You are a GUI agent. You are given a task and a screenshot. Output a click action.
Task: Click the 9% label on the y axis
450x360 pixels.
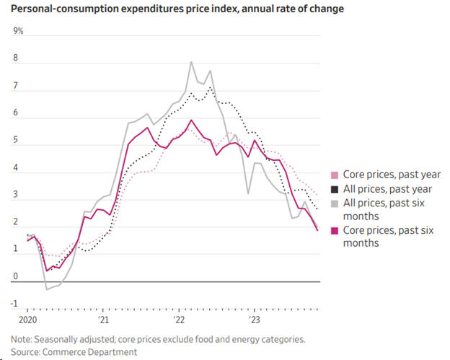pyautogui.click(x=19, y=31)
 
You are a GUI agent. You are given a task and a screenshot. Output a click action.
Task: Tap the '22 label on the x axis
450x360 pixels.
pyautogui.click(x=179, y=318)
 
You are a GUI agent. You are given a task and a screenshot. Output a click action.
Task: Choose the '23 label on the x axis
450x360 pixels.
pyautogui.click(x=254, y=318)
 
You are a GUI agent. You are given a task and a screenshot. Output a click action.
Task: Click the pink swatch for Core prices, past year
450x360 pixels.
pyautogui.click(x=333, y=175)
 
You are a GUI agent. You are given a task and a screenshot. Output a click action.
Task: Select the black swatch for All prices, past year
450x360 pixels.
pyautogui.click(x=333, y=189)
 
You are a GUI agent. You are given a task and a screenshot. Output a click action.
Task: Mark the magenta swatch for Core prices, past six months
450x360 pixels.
pyautogui.click(x=333, y=230)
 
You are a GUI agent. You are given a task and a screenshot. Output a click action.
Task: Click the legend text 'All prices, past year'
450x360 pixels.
pyautogui.click(x=387, y=189)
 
